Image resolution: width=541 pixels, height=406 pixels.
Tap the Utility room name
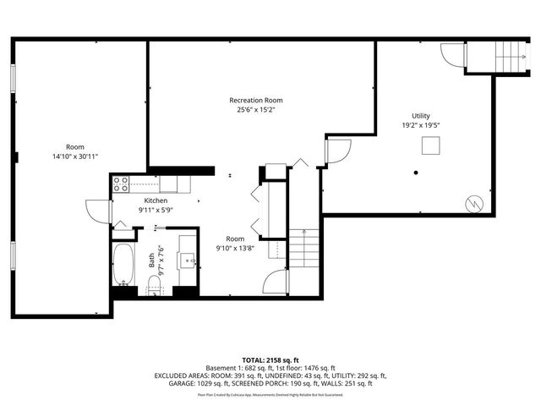point(420,115)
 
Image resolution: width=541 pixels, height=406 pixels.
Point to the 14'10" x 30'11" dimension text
point(75,156)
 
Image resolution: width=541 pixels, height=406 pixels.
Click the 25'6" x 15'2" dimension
point(255,109)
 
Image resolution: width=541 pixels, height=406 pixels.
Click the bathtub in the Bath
point(124,265)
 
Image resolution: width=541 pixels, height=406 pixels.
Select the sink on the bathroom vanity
point(188,260)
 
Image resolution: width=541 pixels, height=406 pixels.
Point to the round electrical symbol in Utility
point(474,203)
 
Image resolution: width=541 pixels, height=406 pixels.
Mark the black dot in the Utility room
point(416,173)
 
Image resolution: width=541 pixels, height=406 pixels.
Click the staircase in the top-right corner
point(509,57)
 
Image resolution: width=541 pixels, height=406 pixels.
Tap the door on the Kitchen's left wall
point(97,210)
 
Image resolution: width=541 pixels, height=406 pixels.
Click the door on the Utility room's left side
point(336,151)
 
